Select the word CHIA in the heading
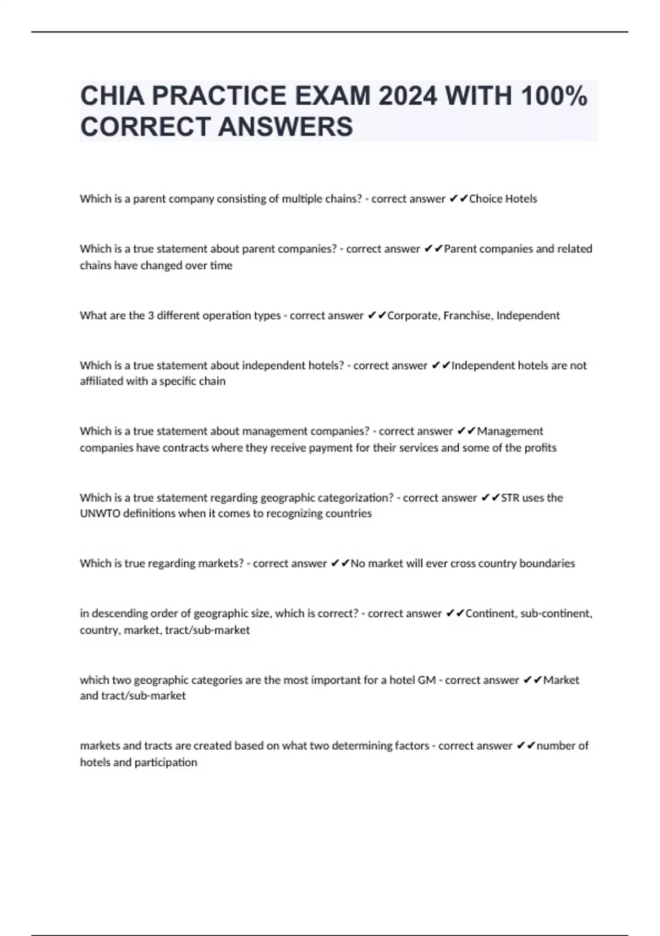click(112, 96)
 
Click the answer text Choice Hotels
click(503, 199)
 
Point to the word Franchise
click(467, 315)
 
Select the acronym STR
click(510, 498)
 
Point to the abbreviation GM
click(427, 680)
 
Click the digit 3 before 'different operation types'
click(151, 315)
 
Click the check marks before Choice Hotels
click(458, 199)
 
